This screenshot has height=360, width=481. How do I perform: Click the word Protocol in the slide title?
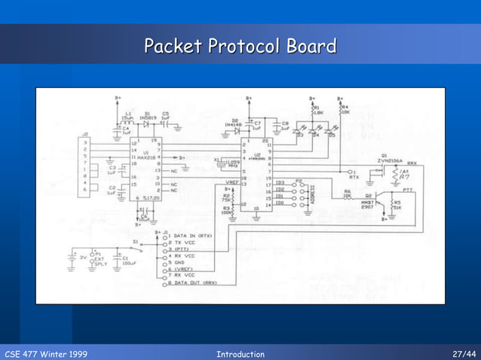(240, 47)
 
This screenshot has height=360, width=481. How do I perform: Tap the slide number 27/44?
(464, 354)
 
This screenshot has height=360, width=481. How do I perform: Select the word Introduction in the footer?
(240, 354)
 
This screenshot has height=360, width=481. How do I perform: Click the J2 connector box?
(83, 165)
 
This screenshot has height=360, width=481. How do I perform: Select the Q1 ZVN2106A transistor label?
(395, 159)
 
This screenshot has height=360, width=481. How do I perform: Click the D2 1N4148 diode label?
(231, 123)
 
